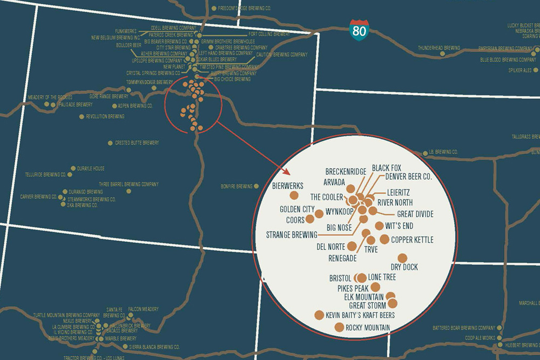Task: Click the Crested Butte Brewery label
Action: tap(137, 143)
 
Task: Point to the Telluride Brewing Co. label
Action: tap(45, 175)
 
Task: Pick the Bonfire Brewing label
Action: tap(237, 187)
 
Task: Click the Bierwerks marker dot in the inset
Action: tap(294, 195)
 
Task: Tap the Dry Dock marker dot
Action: tap(402, 258)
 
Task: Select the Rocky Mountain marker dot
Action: tap(339, 327)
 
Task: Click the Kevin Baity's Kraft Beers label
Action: tap(360, 315)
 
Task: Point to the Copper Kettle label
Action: tap(413, 240)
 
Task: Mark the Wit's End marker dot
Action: tap(379, 226)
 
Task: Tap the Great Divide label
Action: tap(415, 214)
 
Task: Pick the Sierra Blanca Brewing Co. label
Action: tap(154, 347)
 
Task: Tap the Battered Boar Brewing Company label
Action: tap(464, 328)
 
